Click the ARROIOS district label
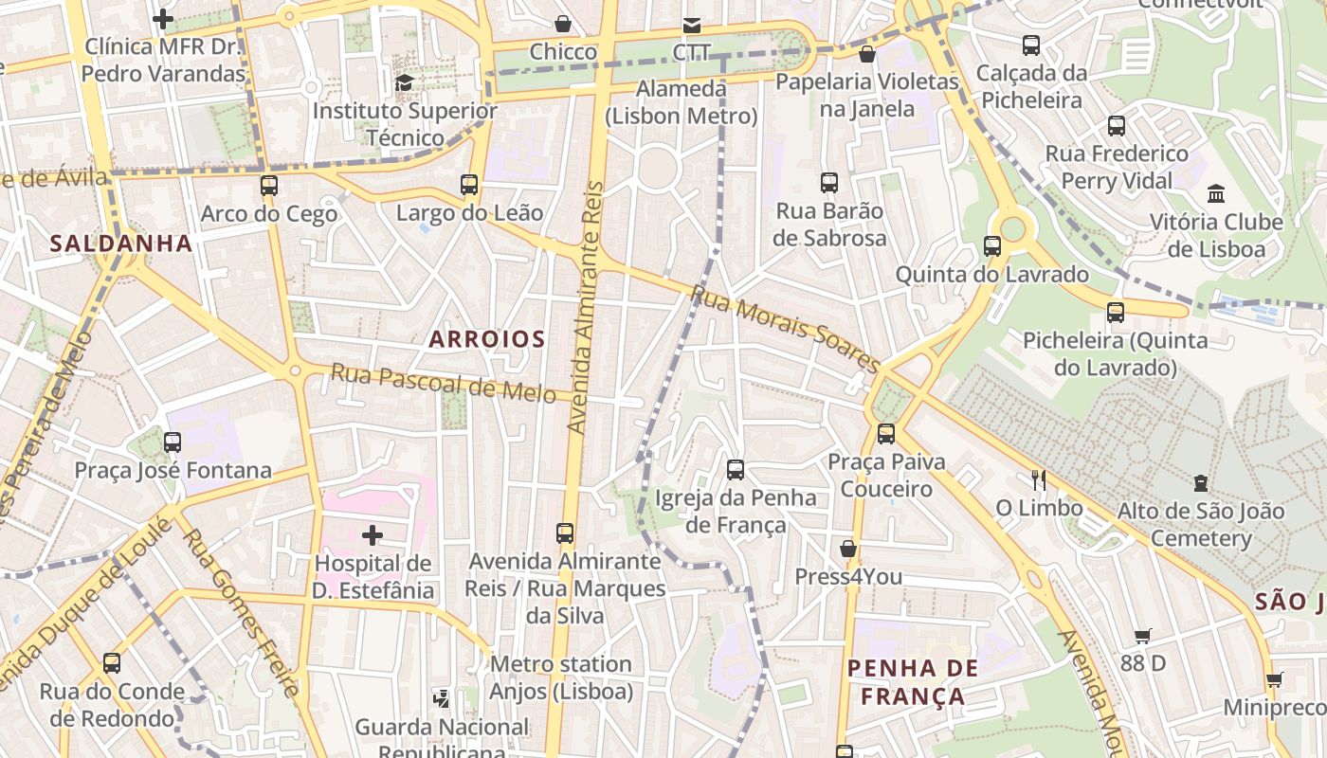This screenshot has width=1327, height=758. coord(487,338)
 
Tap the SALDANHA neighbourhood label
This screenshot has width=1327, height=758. coord(120,244)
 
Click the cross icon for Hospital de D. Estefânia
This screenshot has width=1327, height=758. coord(373,535)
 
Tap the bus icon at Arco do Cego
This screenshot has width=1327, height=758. coord(269,185)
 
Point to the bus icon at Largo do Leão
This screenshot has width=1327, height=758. coord(469,184)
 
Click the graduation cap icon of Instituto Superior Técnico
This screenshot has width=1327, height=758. coord(405,82)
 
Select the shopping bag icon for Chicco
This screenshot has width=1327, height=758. coord(563,23)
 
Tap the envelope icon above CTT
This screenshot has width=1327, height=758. coord(692,25)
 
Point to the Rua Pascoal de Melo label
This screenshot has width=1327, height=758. coord(443,383)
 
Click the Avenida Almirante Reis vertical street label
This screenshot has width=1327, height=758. coord(586,308)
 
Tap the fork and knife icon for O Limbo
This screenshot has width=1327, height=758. coord(1039,479)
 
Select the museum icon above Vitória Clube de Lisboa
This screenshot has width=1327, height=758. coord(1216,193)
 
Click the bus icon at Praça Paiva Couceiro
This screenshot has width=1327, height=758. coord(886,433)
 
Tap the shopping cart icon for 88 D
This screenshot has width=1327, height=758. coord(1143,636)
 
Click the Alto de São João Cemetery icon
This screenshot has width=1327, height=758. coord(1201,482)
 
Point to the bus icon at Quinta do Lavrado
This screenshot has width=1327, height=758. coord(992,246)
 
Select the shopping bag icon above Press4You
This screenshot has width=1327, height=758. coord(848,549)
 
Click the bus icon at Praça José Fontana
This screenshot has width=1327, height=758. coord(173,442)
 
